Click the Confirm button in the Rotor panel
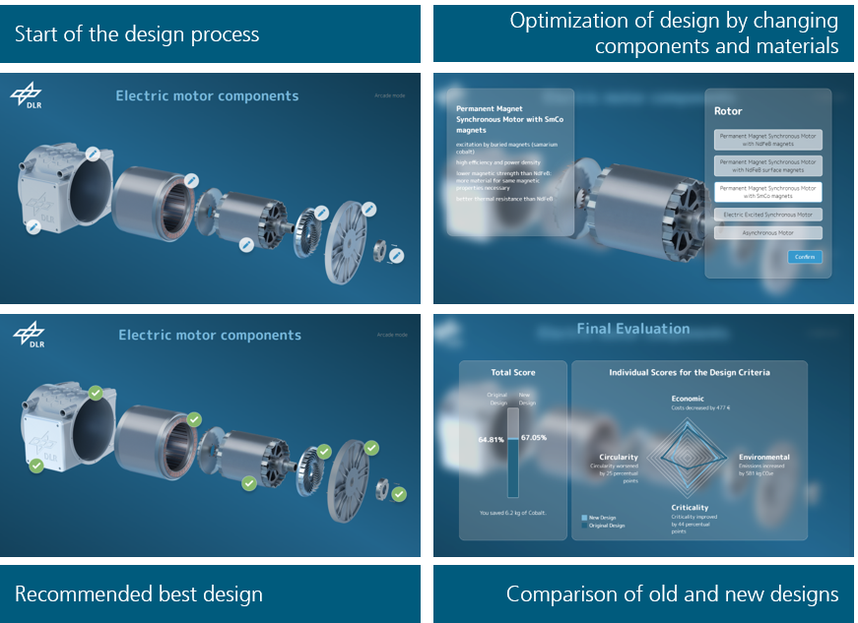pos(805,257)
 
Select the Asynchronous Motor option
pos(767,233)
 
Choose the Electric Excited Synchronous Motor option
pos(767,214)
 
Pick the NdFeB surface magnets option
pos(767,165)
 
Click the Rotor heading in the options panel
pos(728,111)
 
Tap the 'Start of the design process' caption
pos(137,34)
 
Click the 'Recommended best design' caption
pos(139,594)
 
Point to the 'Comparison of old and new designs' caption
pos(672,594)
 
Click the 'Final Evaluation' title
pos(633,329)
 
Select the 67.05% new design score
pos(533,438)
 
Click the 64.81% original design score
pos(492,438)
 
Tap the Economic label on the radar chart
pos(689,400)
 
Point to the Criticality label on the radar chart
pos(690,508)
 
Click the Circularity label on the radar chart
pos(619,457)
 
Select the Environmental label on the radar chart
pos(764,457)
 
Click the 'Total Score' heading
pos(512,373)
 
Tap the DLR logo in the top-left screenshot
pos(27,96)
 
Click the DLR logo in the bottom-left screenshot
pos(29,336)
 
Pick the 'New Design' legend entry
pos(602,517)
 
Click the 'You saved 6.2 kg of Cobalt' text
pos(513,513)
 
